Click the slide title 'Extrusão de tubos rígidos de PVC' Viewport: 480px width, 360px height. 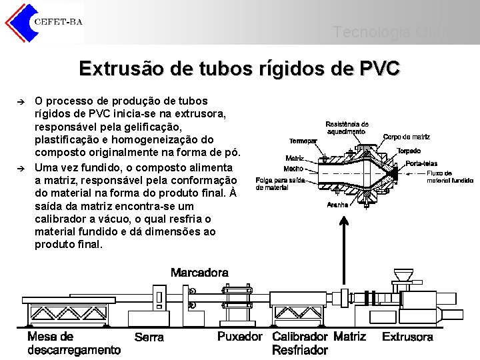coord(239,69)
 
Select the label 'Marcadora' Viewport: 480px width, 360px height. coord(199,273)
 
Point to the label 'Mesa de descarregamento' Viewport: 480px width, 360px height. coord(73,343)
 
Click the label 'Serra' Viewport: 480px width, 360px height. coord(149,337)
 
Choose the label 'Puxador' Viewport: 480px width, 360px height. coord(240,337)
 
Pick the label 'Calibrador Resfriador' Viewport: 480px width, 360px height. coord(300,343)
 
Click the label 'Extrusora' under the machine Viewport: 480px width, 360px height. coord(407,337)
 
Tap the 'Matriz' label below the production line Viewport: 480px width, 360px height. coord(349,337)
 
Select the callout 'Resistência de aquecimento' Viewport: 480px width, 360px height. coord(347,127)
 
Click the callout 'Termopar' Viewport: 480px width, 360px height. coord(303,141)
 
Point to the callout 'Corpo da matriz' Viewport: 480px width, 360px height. coord(407,137)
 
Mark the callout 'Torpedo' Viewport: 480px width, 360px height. coord(408,151)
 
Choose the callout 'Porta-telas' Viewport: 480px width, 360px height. coord(422,163)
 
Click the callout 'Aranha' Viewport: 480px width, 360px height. coord(338,205)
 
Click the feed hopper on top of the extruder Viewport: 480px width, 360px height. coord(403,275)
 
